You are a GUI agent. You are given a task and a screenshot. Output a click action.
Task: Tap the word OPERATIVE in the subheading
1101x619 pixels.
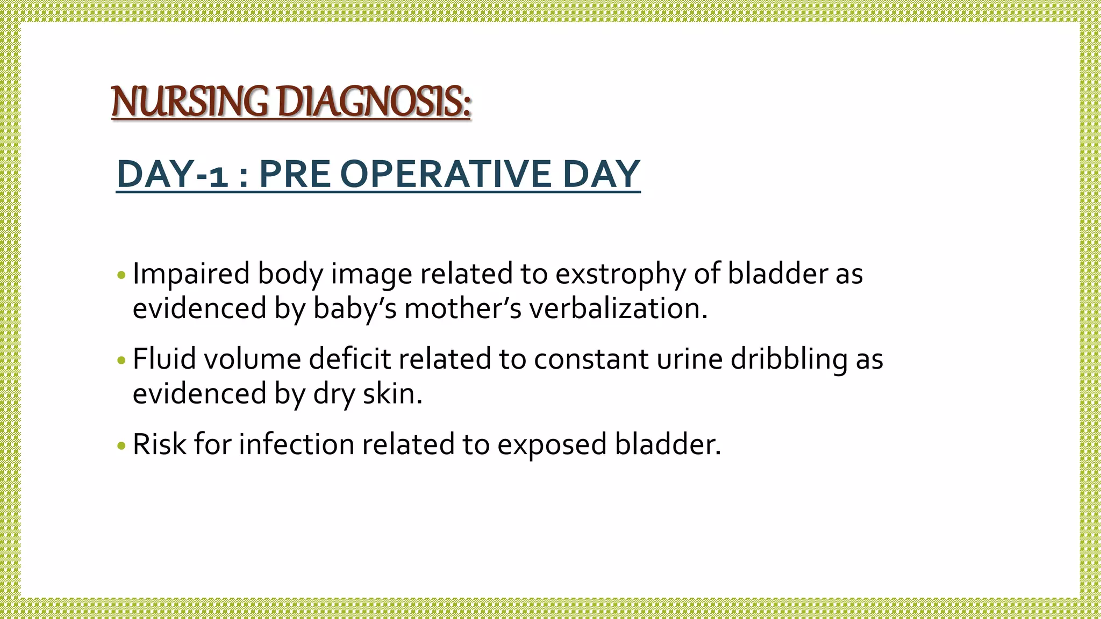click(446, 174)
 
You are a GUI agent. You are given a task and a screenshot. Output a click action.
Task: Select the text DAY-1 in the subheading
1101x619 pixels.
click(172, 174)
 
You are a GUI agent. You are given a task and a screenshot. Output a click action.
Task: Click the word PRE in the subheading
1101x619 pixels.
click(295, 174)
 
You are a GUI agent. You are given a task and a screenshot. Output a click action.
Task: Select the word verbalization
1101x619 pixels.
click(618, 308)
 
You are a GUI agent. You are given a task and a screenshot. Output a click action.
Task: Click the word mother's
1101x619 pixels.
click(463, 308)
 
